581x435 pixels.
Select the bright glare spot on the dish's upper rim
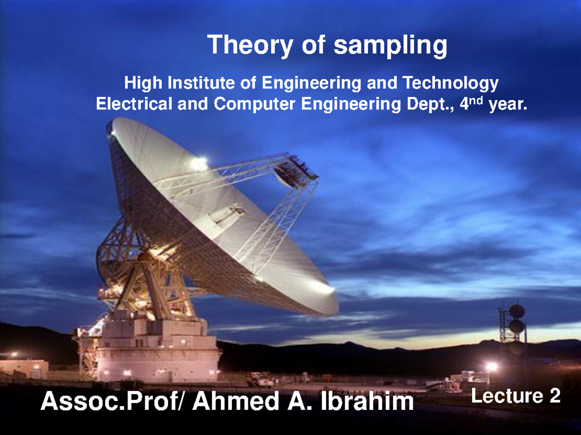199,163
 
